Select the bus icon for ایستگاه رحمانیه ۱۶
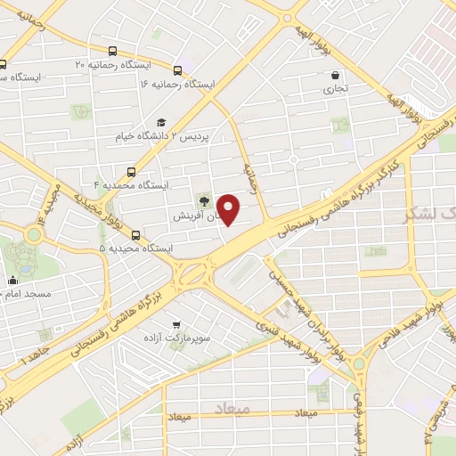point(178,69)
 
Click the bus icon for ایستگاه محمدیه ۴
point(132,171)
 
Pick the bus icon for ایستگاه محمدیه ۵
point(135,235)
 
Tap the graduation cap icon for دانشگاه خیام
point(161,123)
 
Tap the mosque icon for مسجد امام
point(12,281)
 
